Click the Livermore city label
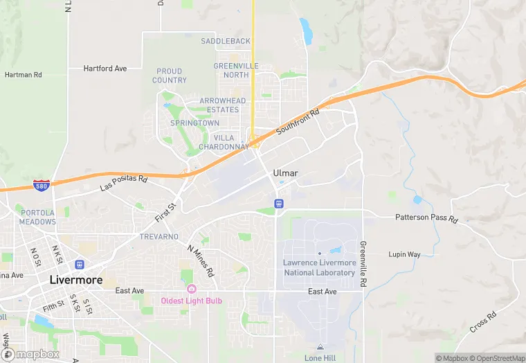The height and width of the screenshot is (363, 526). pyautogui.click(x=76, y=281)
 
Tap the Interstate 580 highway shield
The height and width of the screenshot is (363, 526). pyautogui.click(x=41, y=185)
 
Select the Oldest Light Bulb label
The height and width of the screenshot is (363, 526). pyautogui.click(x=192, y=301)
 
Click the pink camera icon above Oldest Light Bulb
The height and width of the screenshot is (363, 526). pyautogui.click(x=192, y=289)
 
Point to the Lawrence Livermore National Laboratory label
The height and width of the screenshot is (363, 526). pyautogui.click(x=320, y=267)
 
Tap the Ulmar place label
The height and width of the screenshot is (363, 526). pyautogui.click(x=284, y=172)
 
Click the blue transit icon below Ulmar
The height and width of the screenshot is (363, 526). pyautogui.click(x=279, y=204)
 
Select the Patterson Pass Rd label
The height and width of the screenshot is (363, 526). pyautogui.click(x=426, y=218)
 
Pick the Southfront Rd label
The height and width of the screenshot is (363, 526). pyautogui.click(x=298, y=122)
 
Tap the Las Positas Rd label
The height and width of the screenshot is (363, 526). pyautogui.click(x=124, y=184)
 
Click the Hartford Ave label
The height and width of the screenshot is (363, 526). pyautogui.click(x=105, y=69)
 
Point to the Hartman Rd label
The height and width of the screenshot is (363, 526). pyautogui.click(x=24, y=75)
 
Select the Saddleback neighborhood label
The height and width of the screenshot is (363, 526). pyautogui.click(x=226, y=42)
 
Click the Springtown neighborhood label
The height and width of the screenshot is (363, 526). pyautogui.click(x=194, y=123)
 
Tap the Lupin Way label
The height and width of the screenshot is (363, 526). pyautogui.click(x=404, y=255)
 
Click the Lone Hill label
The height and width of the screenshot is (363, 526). pyautogui.click(x=319, y=357)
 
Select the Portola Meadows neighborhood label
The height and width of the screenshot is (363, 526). pyautogui.click(x=38, y=218)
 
